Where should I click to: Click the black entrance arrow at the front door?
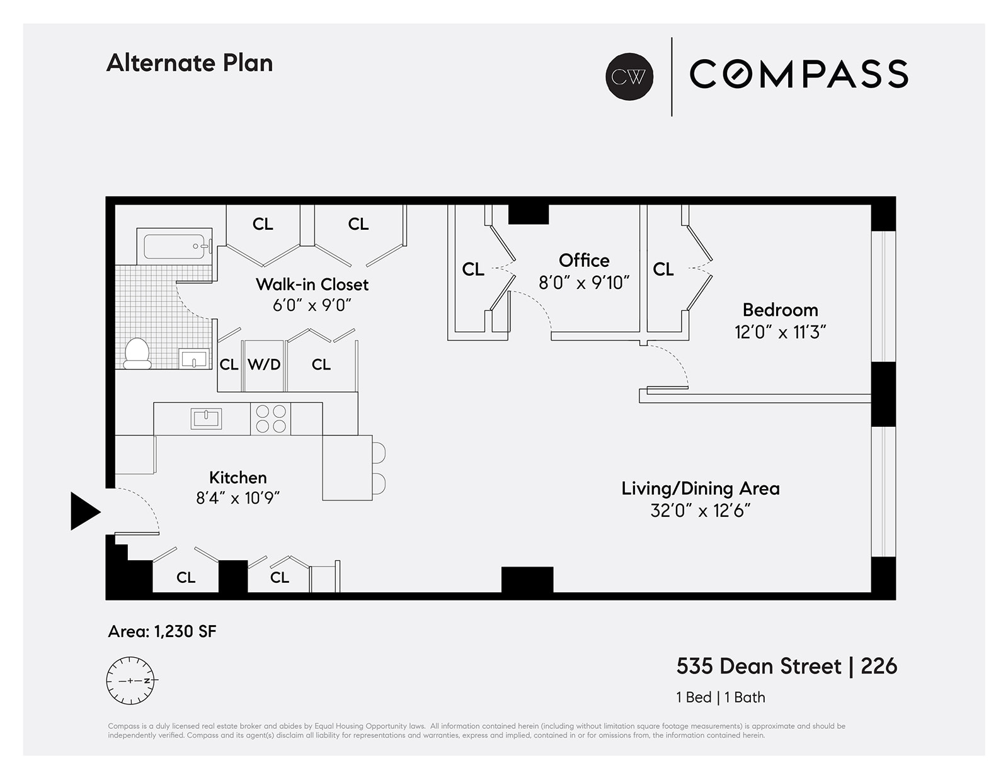pos(83,511)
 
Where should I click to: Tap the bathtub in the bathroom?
pos(174,246)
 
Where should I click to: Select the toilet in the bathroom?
pos(137,354)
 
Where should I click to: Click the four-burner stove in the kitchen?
pos(271,419)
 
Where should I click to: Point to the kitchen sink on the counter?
pos(206,419)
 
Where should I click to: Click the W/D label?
pos(264,364)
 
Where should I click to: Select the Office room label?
pos(584,260)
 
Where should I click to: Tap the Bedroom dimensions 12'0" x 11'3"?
pos(780,332)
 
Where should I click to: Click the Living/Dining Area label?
pos(700,488)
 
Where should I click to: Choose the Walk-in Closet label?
pos(312,285)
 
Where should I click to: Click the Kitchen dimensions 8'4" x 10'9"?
pos(238,499)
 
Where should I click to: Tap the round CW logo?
pos(629,76)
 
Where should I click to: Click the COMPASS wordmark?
pos(798,74)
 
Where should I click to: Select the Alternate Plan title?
pos(190,63)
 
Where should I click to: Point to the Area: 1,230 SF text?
pos(162,631)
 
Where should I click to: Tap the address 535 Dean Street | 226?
pos(786,666)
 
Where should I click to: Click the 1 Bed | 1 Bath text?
pos(720,697)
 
